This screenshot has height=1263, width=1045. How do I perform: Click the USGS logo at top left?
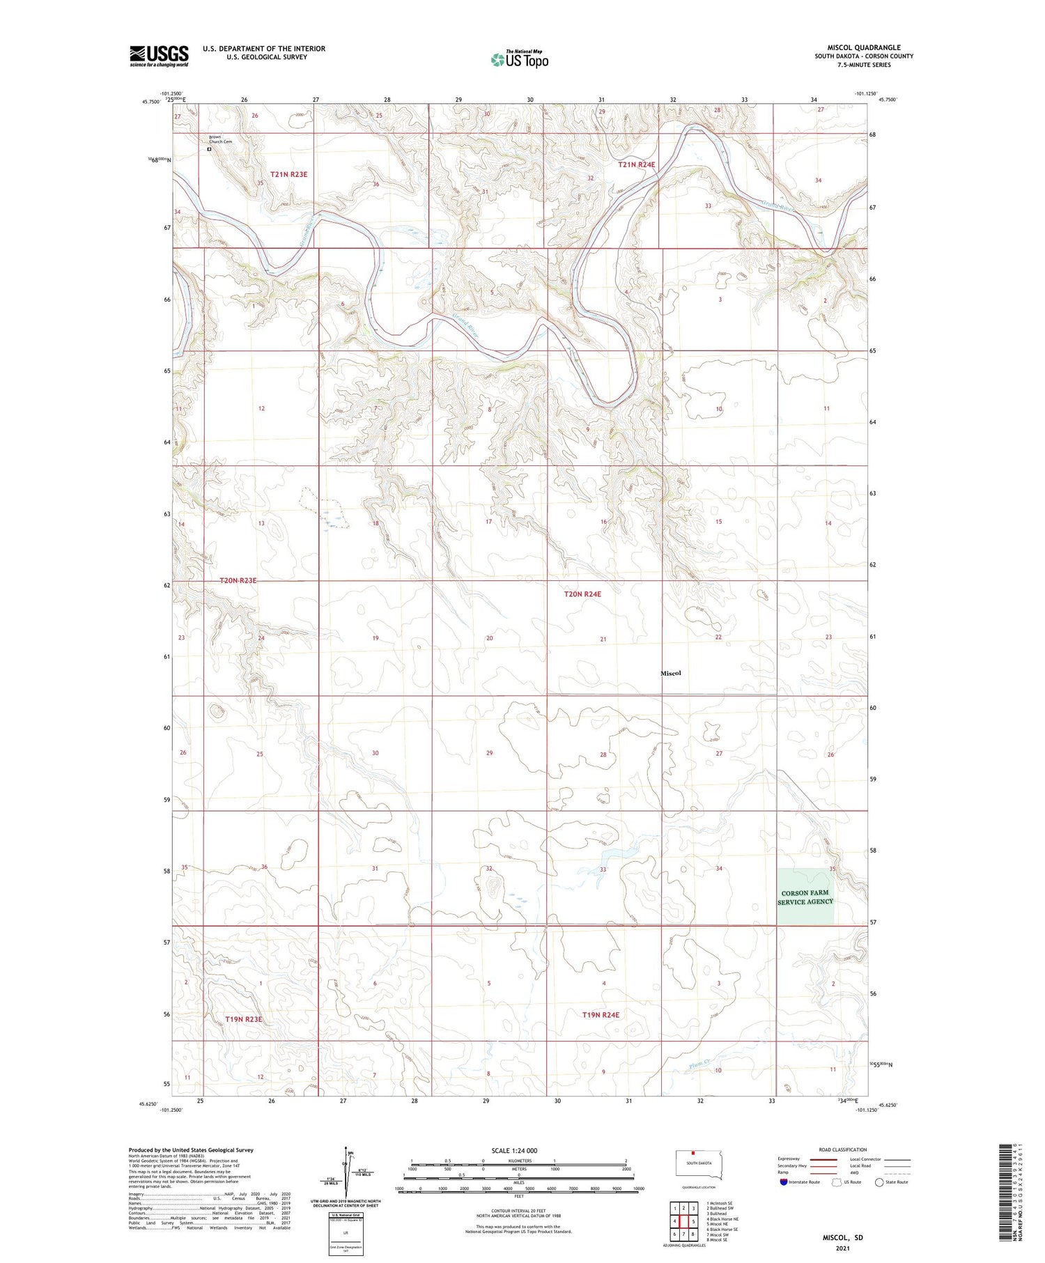click(x=159, y=56)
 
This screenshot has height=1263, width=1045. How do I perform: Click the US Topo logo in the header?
click(x=519, y=60)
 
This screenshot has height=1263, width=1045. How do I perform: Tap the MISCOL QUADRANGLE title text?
click(x=863, y=47)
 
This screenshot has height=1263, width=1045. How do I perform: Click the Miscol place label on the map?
click(x=670, y=673)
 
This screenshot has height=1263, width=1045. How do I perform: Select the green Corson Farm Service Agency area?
click(x=805, y=897)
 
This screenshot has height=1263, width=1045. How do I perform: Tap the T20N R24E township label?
click(x=582, y=594)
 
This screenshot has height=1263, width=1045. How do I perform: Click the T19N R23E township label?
click(x=244, y=1019)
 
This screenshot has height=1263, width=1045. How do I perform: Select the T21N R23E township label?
click(x=288, y=174)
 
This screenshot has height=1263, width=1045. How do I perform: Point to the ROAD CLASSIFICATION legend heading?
click(x=842, y=1149)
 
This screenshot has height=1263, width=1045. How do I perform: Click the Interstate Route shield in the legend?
click(x=784, y=1181)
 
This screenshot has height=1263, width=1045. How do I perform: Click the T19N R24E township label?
click(x=601, y=1015)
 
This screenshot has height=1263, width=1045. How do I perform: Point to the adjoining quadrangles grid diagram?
click(x=683, y=1221)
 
